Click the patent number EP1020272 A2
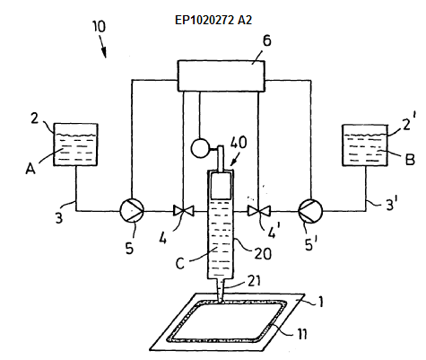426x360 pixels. pos(213,20)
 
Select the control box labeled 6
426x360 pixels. pos(222,75)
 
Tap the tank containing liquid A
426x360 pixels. pos(75,145)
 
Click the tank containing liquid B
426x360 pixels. pos(365,145)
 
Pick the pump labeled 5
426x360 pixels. pos(132,211)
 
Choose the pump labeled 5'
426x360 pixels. pos(310,211)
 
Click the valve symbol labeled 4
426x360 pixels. pos(184,211)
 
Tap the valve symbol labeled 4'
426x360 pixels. pos(259,211)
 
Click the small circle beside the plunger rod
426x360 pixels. pos(199,149)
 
